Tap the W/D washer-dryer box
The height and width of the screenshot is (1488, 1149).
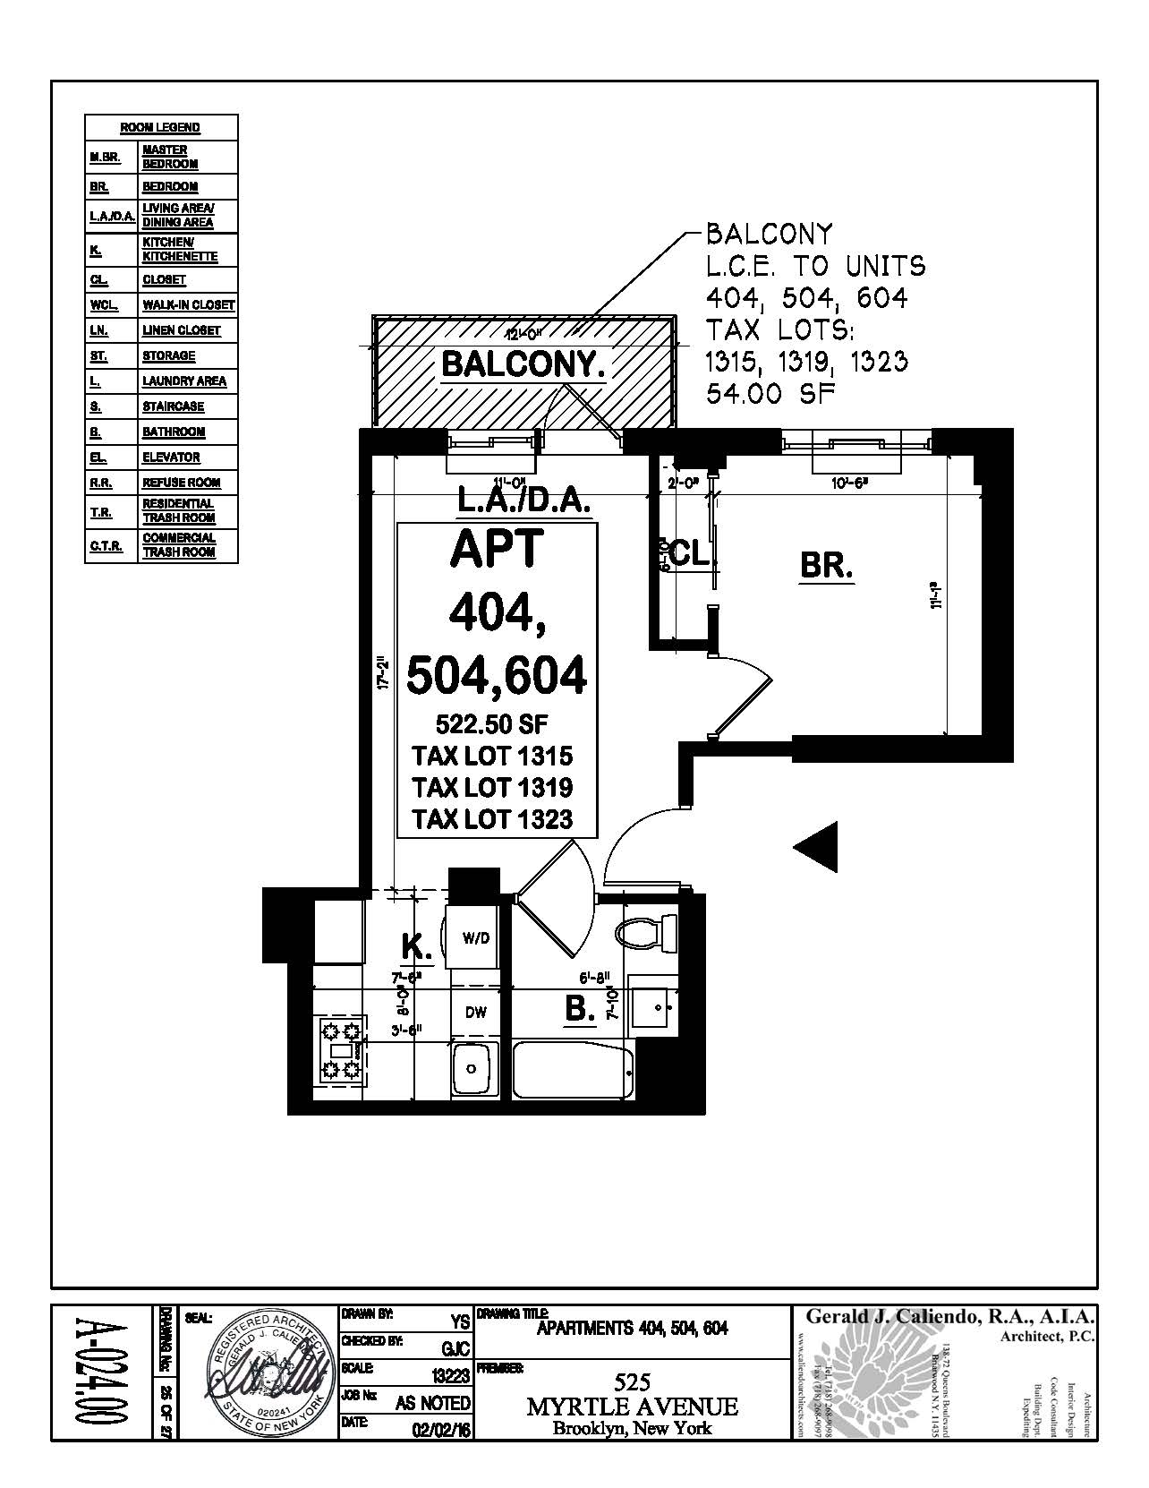(x=476, y=939)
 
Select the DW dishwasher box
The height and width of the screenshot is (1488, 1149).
(x=476, y=1013)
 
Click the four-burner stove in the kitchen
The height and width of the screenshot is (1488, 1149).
(x=341, y=1048)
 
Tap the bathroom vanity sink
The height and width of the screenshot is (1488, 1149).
(x=657, y=1007)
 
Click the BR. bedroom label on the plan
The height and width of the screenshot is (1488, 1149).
(x=826, y=567)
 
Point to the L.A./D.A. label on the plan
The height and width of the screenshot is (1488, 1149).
(x=523, y=501)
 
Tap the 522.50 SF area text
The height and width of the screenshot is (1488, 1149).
(x=492, y=723)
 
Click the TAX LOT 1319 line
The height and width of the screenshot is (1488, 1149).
(x=492, y=787)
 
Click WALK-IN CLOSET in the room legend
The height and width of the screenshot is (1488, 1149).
(x=188, y=305)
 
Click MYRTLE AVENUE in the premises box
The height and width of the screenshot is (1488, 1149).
(x=633, y=1407)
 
